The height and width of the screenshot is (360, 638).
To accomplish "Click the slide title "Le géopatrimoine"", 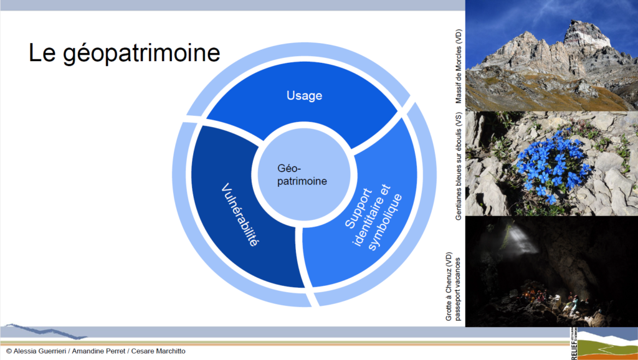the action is [124, 54].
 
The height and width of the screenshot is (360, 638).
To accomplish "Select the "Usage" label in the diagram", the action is [304, 95].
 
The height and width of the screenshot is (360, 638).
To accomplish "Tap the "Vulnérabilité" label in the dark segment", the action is [240, 215].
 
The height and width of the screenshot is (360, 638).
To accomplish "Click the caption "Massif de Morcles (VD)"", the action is [459, 66].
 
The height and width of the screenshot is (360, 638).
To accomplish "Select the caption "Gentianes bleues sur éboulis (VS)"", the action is [459, 166].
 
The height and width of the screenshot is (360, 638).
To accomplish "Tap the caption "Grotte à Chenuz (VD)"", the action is [449, 287].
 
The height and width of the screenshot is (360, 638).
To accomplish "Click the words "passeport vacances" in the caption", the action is [459, 288].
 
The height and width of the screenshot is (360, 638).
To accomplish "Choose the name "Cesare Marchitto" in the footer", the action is [158, 351].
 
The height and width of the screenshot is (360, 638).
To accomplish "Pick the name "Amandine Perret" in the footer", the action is [98, 351].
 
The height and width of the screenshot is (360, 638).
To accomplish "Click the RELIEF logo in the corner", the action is [603, 344].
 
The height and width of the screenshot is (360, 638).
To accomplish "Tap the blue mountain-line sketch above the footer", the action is [45, 331].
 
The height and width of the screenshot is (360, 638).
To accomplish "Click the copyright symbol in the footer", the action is [9, 351].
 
